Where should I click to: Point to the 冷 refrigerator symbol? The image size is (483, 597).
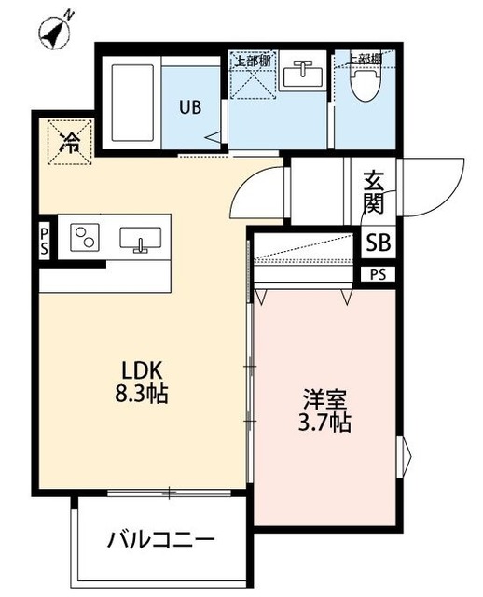70,142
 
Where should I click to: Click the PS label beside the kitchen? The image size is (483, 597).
44,241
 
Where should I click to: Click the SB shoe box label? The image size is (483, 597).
379,243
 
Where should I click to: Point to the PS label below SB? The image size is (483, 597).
378,274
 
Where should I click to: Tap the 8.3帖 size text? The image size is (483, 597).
135,394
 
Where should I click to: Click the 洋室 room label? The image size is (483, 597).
324,400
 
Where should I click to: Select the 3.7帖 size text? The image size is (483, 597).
324,424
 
